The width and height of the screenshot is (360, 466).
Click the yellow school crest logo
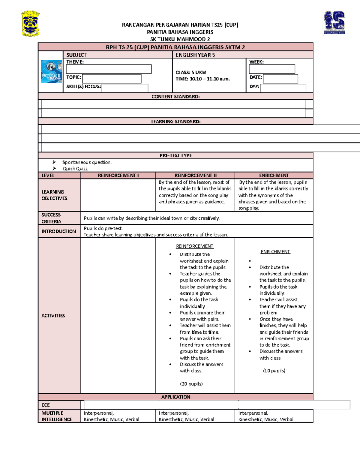(x=30, y=24)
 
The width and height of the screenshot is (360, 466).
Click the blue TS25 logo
(x=334, y=23)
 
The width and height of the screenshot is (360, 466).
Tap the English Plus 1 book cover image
(x=51, y=71)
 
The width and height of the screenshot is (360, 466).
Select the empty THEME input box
(x=109, y=69)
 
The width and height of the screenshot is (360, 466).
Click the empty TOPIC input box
(x=112, y=79)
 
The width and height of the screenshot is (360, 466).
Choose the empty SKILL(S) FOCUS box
(x=125, y=88)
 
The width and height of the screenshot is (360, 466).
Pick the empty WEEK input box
(x=272, y=69)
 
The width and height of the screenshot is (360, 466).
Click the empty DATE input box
(x=280, y=79)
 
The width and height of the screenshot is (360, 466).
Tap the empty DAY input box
(x=283, y=88)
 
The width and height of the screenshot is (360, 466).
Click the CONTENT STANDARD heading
(x=175, y=97)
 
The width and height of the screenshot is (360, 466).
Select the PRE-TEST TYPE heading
(x=175, y=155)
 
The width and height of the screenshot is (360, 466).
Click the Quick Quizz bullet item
(x=75, y=169)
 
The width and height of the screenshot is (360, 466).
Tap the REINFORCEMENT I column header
(x=118, y=176)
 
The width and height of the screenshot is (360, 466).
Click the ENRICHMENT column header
(x=274, y=176)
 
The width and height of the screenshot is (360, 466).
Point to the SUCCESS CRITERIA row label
(x=51, y=218)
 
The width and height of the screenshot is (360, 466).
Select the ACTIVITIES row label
(x=53, y=316)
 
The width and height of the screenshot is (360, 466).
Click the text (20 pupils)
(x=191, y=384)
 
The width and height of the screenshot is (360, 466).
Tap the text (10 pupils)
(x=274, y=371)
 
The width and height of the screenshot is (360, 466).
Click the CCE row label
(x=46, y=405)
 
